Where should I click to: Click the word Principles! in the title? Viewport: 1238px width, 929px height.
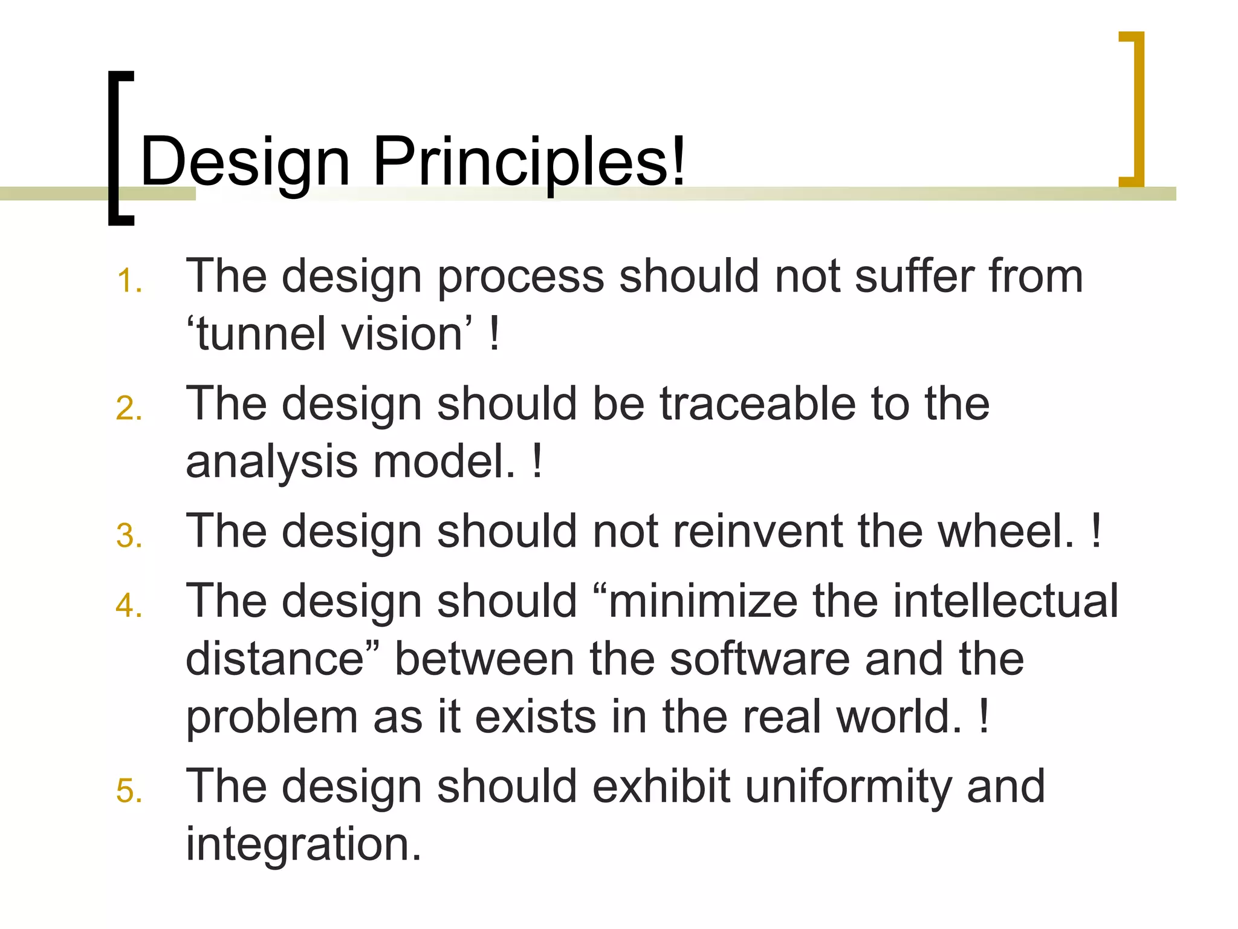[530, 162]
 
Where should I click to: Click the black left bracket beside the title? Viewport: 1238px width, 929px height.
[115, 148]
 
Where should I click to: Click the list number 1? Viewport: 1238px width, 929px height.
[129, 282]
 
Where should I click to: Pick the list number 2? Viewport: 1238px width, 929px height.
[129, 409]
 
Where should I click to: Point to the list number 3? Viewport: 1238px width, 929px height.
[129, 536]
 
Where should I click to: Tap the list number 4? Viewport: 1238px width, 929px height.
[129, 606]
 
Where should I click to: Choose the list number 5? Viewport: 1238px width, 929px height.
[129, 792]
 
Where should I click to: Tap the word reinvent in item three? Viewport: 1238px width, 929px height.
[758, 532]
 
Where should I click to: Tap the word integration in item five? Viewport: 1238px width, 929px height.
[302, 845]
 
